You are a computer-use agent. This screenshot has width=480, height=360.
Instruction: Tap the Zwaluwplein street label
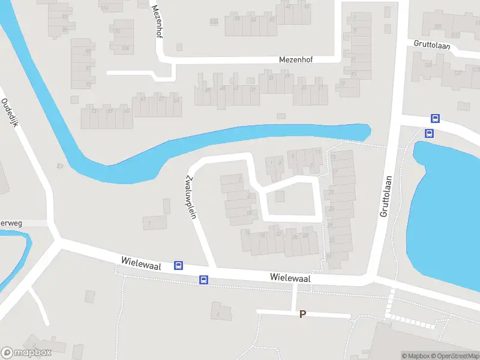191,196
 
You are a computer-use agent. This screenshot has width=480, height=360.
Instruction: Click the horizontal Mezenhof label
297,59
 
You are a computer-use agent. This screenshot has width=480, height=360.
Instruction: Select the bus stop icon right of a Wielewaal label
178,265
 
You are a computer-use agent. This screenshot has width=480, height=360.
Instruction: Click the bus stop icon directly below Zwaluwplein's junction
204,279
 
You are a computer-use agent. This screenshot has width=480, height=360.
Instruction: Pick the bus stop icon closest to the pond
429,133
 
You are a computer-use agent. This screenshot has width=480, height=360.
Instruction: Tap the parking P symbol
303,314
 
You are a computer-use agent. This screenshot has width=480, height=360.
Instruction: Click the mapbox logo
26,353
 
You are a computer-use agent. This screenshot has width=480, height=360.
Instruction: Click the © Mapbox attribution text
415,356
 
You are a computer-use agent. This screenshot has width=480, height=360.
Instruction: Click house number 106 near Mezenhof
125,48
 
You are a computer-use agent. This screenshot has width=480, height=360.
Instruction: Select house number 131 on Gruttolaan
427,65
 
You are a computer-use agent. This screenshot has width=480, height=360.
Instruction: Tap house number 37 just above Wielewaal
328,256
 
